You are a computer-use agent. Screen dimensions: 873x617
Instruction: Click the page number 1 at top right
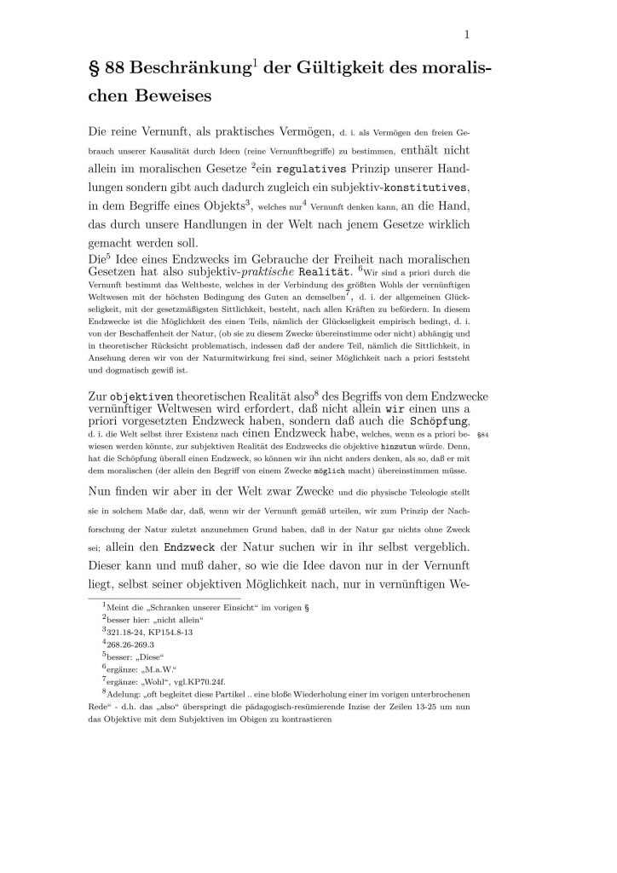467,35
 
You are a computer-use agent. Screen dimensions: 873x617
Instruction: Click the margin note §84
483,435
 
